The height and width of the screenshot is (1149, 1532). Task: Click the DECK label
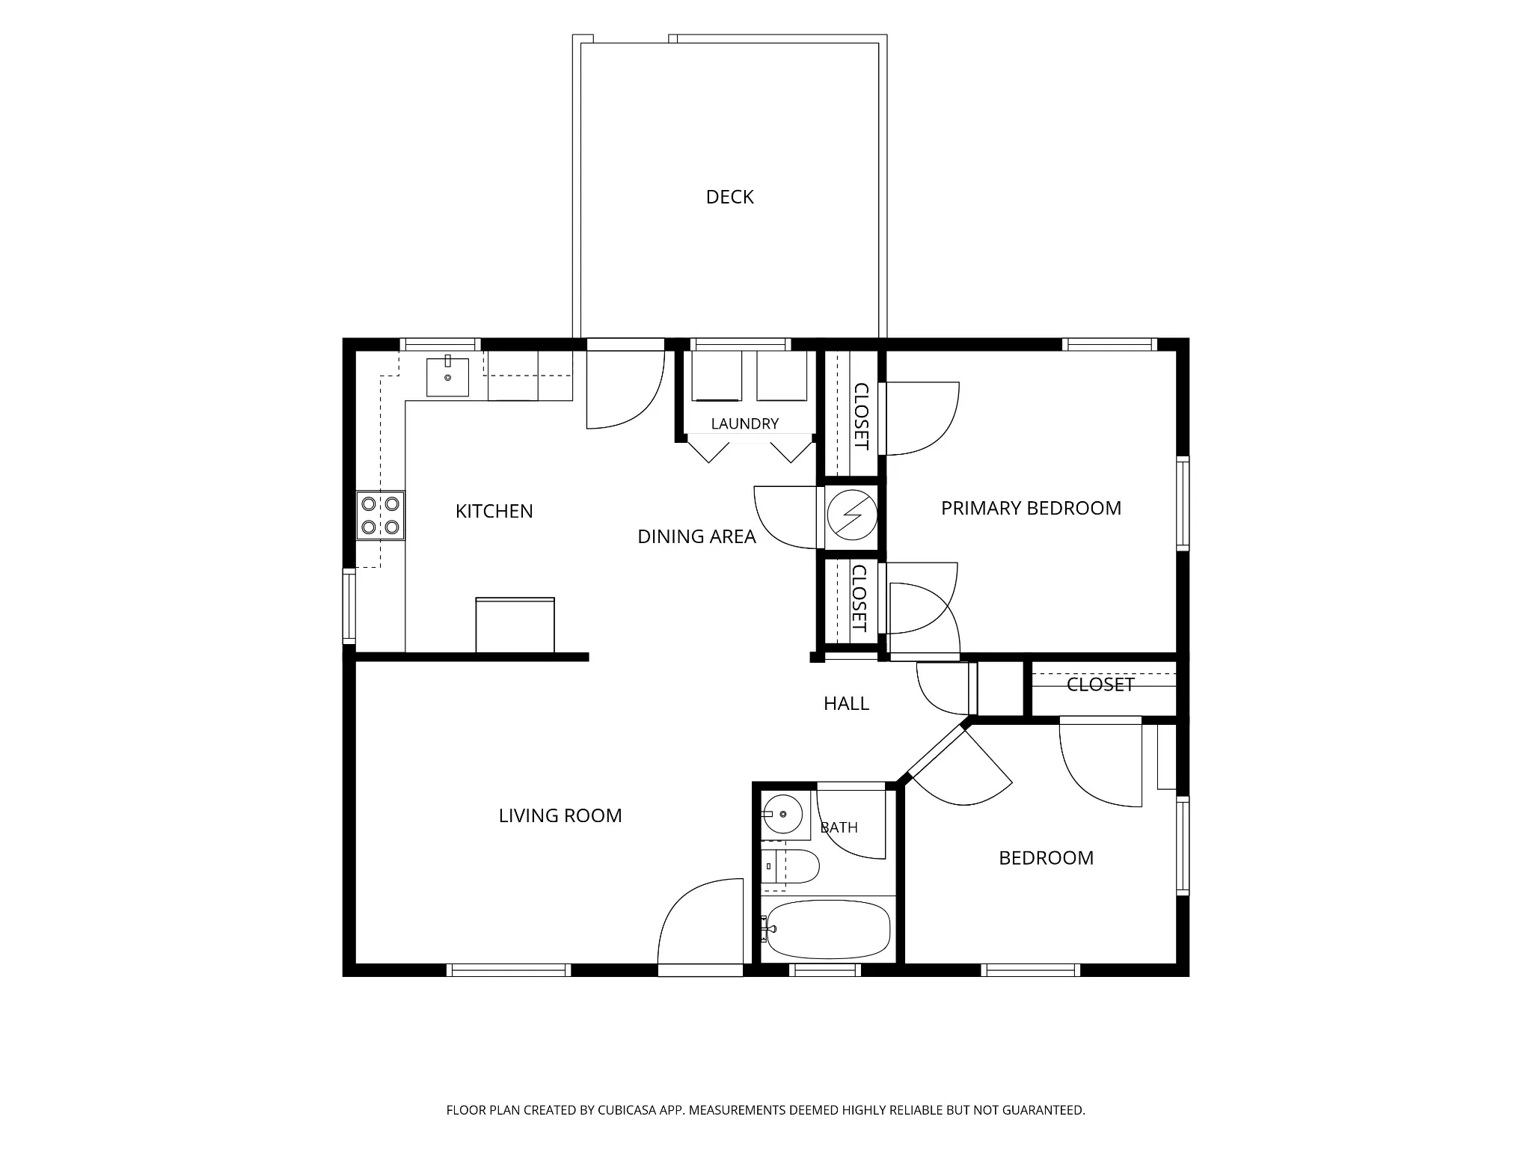point(729,197)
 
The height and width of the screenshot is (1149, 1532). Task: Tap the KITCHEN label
point(494,511)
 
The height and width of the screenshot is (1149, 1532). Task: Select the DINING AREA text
point(696,536)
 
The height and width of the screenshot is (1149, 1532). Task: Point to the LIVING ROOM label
point(560,815)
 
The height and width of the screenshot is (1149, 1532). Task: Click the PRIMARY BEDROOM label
point(1031,508)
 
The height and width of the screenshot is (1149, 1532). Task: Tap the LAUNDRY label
point(744,423)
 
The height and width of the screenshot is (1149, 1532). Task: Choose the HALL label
point(846,703)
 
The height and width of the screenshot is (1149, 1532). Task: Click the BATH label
point(839,827)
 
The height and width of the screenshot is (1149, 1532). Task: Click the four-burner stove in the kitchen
point(380,515)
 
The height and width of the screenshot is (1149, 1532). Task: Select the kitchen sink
point(447,376)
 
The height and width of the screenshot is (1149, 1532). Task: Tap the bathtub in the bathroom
point(828,929)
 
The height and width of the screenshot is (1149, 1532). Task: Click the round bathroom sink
point(782,814)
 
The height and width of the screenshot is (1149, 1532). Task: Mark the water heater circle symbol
point(851,514)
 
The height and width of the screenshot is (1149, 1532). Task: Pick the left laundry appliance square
point(717,376)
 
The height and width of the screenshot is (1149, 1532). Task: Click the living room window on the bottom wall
point(509,970)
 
